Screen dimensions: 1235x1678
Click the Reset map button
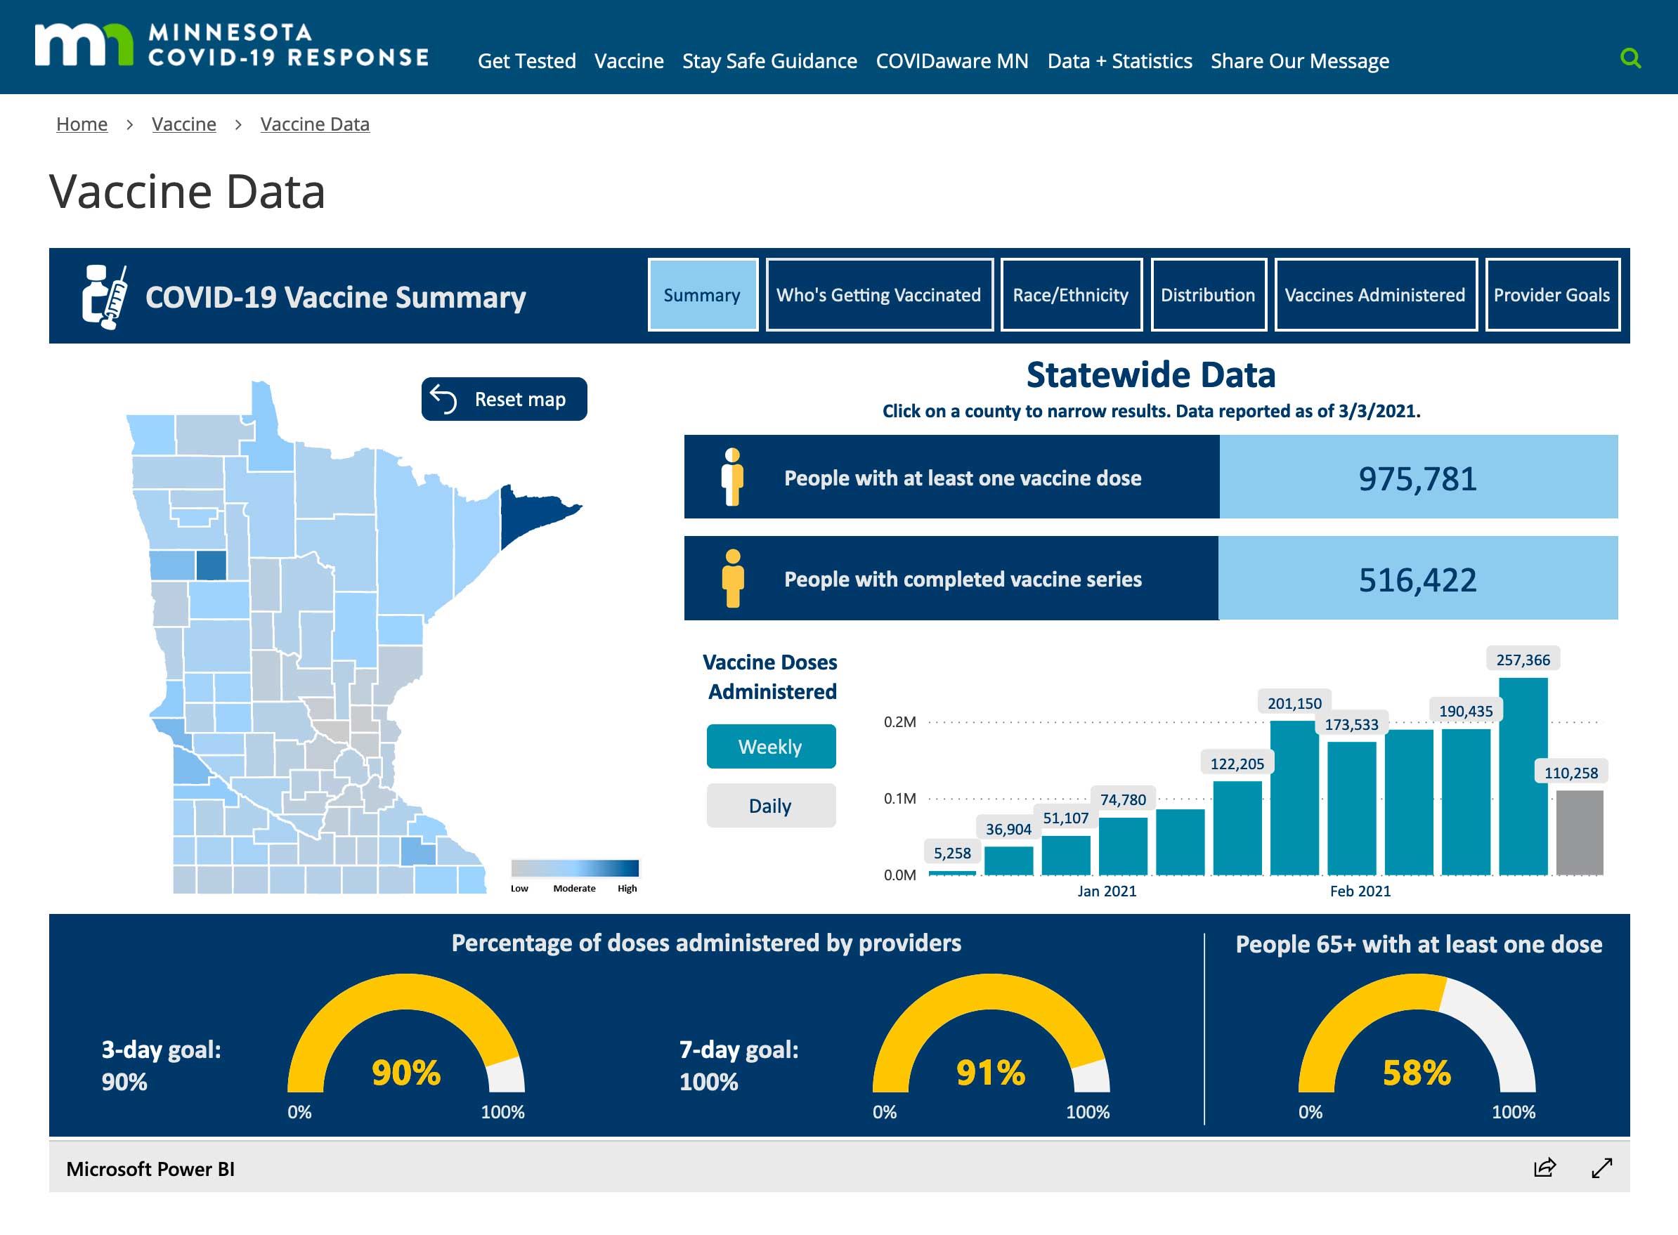click(504, 399)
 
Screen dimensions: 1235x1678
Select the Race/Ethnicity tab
click(1071, 294)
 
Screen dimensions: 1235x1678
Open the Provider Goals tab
click(1552, 294)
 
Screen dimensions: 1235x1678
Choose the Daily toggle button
click(770, 805)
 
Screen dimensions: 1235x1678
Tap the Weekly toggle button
click(770, 746)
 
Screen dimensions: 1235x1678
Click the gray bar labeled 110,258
click(1580, 832)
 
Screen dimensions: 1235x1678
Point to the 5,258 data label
click(952, 853)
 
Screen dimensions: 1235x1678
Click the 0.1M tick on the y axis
click(899, 799)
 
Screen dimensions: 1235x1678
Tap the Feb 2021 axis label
click(1360, 891)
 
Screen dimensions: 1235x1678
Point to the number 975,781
click(1418, 478)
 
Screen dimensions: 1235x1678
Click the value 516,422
click(1418, 580)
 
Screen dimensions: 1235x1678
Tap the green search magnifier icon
click(1630, 58)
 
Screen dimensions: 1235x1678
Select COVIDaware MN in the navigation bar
click(952, 60)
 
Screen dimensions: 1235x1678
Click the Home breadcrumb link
click(82, 124)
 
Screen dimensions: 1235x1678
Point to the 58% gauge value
click(1417, 1072)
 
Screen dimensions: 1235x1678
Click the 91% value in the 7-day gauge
click(991, 1072)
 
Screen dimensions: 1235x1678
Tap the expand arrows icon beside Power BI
click(1601, 1168)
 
